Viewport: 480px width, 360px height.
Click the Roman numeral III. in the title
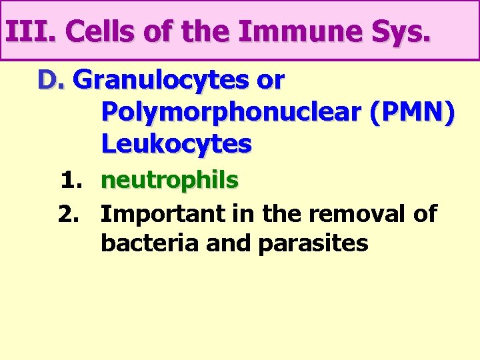(30, 31)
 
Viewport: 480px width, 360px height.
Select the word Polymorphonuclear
(229, 113)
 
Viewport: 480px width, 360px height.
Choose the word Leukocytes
(177, 143)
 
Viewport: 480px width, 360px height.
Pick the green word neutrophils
(170, 180)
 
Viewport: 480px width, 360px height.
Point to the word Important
(164, 215)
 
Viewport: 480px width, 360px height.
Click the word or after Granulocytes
(270, 81)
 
